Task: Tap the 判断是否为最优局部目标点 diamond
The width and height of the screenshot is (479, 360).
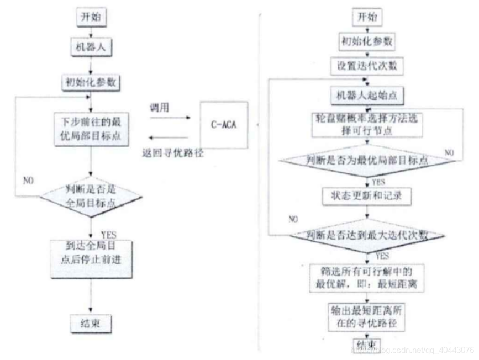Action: tap(367, 160)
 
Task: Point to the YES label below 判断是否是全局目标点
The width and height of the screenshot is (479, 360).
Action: tap(109, 235)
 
